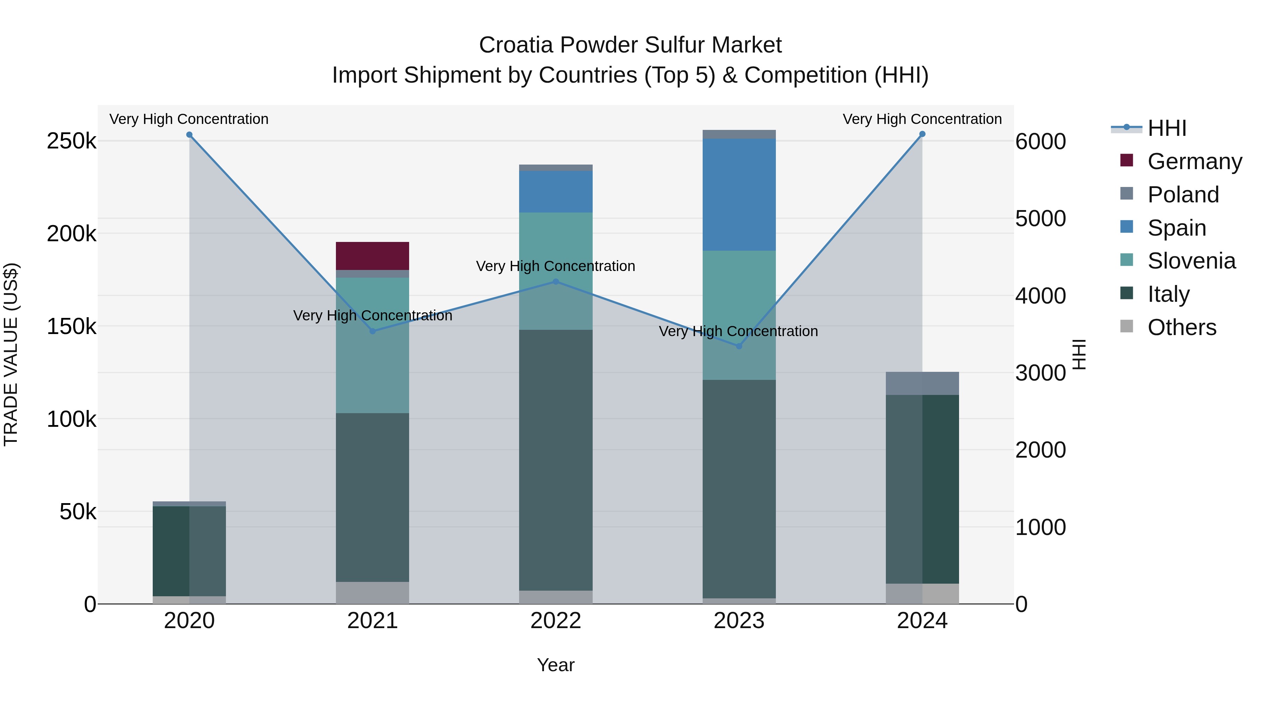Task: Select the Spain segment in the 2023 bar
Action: pos(739,194)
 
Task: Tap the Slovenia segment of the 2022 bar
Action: pos(556,271)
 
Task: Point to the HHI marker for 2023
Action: pos(739,346)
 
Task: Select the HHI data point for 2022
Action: pos(556,281)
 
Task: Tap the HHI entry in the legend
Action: pos(1166,128)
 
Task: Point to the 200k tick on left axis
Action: pos(71,234)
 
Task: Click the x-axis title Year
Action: pos(556,665)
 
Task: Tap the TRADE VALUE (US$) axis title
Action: pos(11,354)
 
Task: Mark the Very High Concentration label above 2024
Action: pos(922,119)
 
